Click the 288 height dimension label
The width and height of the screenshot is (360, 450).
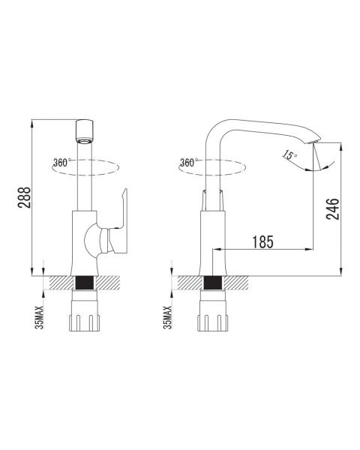coord(24,197)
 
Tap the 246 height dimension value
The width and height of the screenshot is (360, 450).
coord(332,209)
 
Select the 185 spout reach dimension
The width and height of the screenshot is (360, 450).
coord(262,242)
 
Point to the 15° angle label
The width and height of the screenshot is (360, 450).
coord(289,155)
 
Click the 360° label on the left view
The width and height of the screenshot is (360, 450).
coord(61,163)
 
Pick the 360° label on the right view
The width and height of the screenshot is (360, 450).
coord(188,163)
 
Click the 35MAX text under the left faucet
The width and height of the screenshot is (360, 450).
coord(40,317)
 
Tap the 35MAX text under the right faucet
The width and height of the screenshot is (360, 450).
coord(167,317)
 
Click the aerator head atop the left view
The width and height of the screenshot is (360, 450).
coord(85,131)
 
